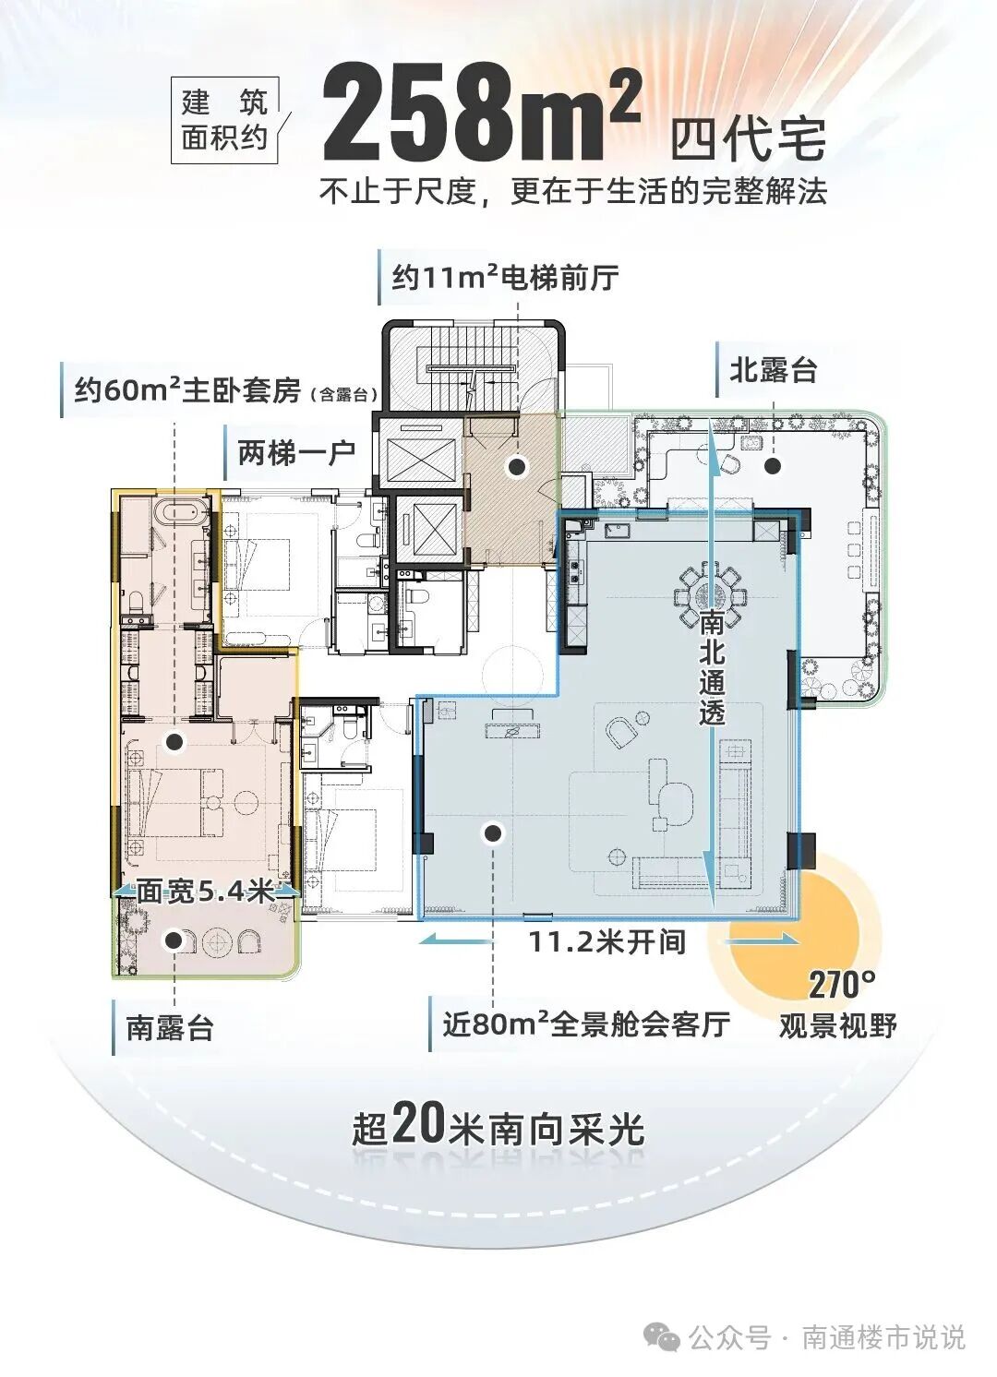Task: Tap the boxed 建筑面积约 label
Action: point(225,119)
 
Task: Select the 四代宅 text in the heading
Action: point(748,141)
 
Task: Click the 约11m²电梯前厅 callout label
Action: point(504,277)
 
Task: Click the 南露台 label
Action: point(170,1027)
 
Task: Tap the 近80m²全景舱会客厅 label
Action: point(586,1024)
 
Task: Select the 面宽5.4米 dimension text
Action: point(205,892)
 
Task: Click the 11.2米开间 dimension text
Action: point(607,942)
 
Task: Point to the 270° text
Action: point(842,986)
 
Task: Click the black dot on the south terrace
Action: point(173,940)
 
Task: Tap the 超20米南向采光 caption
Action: point(498,1127)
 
